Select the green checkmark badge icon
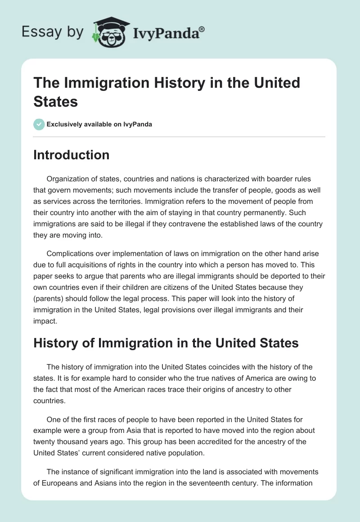point(39,124)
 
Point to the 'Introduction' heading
point(72,155)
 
